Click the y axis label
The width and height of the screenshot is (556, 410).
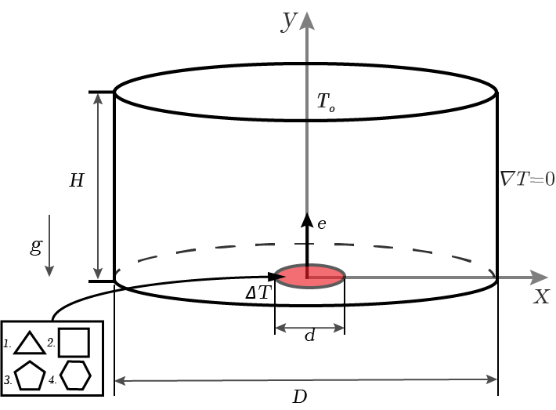point(288,21)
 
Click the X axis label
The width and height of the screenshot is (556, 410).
point(541,296)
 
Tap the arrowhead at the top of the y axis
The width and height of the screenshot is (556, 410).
point(307,20)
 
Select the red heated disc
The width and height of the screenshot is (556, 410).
point(310,276)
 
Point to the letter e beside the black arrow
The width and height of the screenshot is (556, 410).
point(322,224)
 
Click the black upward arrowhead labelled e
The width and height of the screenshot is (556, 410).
point(307,220)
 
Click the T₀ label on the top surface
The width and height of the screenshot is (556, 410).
point(326,102)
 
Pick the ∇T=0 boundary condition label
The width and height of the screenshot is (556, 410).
point(527,179)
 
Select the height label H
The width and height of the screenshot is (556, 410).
point(77,180)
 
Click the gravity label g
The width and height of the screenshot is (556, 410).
point(36,245)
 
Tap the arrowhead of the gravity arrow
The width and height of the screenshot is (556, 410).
point(49,271)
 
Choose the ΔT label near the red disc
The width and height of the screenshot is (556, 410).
point(258,293)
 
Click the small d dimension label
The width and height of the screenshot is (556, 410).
point(310,334)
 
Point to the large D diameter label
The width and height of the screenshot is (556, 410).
point(300,397)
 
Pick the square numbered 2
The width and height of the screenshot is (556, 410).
point(74,343)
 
